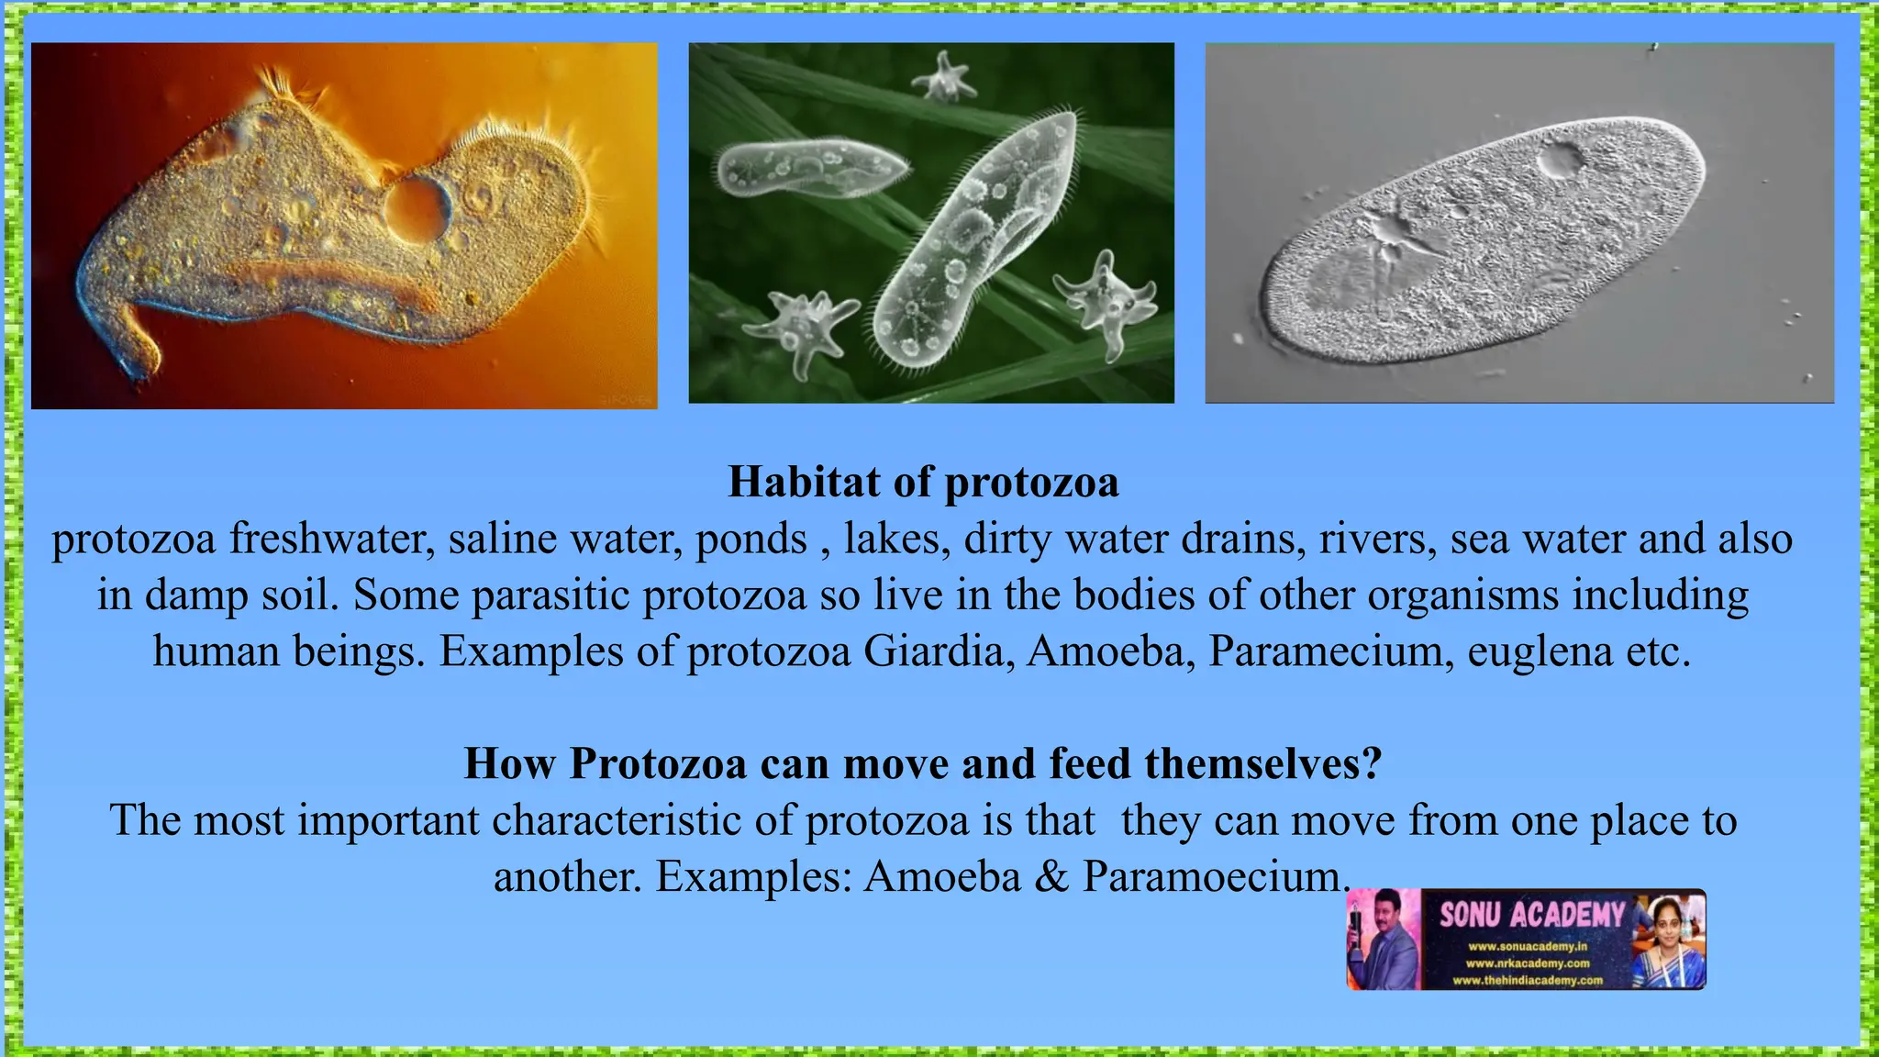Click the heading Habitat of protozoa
[x=923, y=482]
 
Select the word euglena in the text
[x=1540, y=651]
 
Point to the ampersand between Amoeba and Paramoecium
[x=1051, y=876]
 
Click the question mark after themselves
[x=1372, y=763]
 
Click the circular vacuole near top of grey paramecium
[x=1560, y=160]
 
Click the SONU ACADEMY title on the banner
[x=1530, y=915]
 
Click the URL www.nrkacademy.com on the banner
[x=1527, y=963]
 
